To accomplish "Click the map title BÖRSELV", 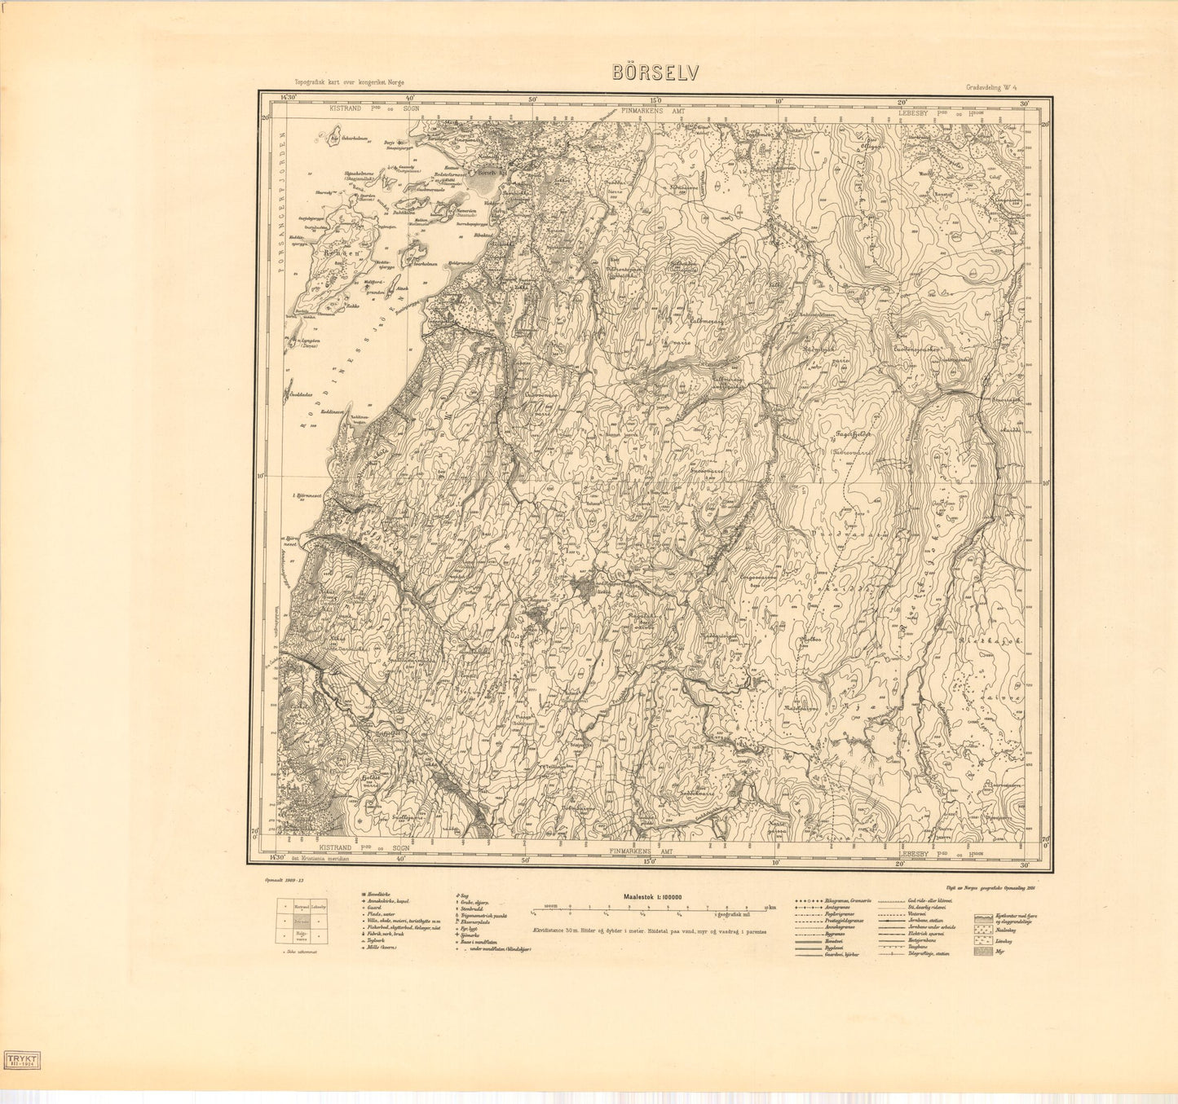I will point(655,73).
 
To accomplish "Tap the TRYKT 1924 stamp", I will point(23,1058).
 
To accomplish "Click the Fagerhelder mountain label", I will point(853,434).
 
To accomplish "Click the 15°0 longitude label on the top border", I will point(653,101).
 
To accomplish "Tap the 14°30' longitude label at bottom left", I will point(280,858).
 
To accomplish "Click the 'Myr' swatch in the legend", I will point(984,951).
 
